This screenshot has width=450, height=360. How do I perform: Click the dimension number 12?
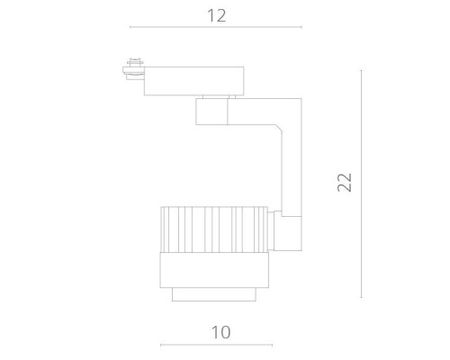click(216, 16)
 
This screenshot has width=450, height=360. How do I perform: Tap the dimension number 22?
click(345, 183)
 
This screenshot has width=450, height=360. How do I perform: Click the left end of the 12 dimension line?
click(130, 28)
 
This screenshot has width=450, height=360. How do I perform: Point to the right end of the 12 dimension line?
click(301, 28)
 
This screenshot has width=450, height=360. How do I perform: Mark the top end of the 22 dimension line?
click(362, 70)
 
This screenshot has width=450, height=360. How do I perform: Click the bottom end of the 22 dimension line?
click(362, 298)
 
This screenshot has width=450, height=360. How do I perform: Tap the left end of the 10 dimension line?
click(160, 344)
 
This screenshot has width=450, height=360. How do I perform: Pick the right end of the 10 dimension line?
click(271, 344)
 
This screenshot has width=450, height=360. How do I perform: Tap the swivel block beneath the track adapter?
click(211, 112)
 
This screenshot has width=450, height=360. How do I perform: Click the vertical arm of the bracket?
click(290, 171)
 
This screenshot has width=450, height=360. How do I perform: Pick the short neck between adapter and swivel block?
click(216, 96)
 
